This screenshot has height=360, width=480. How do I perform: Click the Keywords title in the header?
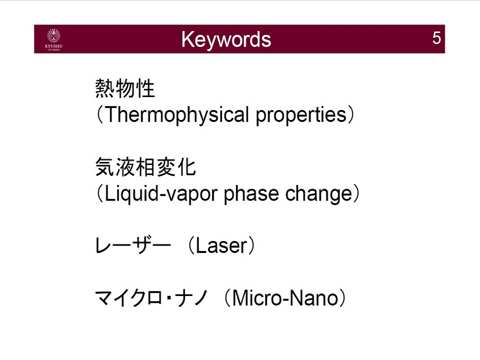click(226, 40)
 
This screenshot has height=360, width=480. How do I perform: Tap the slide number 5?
click(436, 38)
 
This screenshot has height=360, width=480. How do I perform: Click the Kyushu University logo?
click(53, 39)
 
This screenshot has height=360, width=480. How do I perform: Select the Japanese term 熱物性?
click(125, 88)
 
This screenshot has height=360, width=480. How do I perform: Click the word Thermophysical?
click(176, 115)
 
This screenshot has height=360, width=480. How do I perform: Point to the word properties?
click(301, 115)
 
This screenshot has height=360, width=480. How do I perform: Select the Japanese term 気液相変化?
click(145, 167)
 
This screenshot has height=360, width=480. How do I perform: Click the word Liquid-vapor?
click(160, 194)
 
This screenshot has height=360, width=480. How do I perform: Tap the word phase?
click(251, 194)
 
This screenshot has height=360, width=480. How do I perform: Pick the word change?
click(319, 194)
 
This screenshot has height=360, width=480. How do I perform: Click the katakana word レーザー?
click(132, 246)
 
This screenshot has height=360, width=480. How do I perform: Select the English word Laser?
click(221, 246)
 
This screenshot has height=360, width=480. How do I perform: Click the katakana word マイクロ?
click(128, 298)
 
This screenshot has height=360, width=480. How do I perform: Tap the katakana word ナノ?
click(191, 298)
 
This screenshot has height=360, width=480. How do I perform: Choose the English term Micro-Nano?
click(285, 298)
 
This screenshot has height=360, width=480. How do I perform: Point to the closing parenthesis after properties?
click(351, 115)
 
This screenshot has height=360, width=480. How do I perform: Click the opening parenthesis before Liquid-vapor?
click(99, 194)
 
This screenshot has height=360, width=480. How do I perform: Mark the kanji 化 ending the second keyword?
click(186, 167)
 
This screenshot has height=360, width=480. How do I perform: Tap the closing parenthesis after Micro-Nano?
click(343, 298)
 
